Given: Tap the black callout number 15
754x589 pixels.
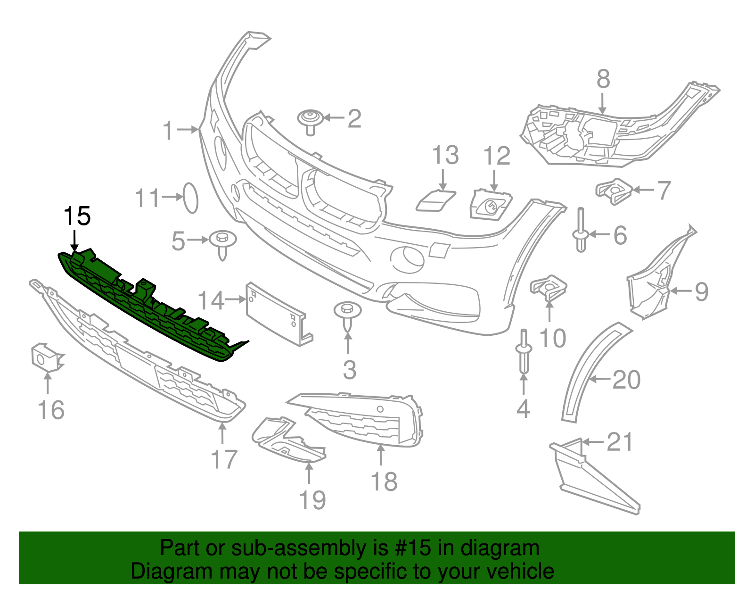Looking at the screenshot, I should (77, 216).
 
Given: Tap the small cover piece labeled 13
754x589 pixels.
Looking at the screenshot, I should (436, 200).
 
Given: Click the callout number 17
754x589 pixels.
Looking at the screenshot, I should (224, 459).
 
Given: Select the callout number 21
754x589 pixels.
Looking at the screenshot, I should (620, 442).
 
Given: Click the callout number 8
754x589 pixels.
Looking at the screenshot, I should (603, 79).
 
